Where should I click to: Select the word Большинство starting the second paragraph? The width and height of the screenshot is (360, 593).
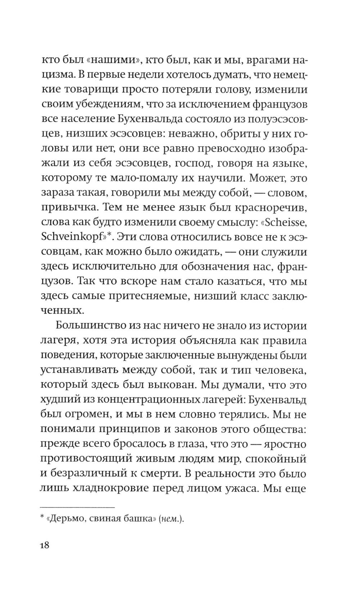pos(89,326)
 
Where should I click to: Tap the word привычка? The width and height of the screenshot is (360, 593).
pos(69,208)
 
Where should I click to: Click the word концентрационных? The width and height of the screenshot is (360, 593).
pos(164,400)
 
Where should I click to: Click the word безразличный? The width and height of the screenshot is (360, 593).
pos(97,474)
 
